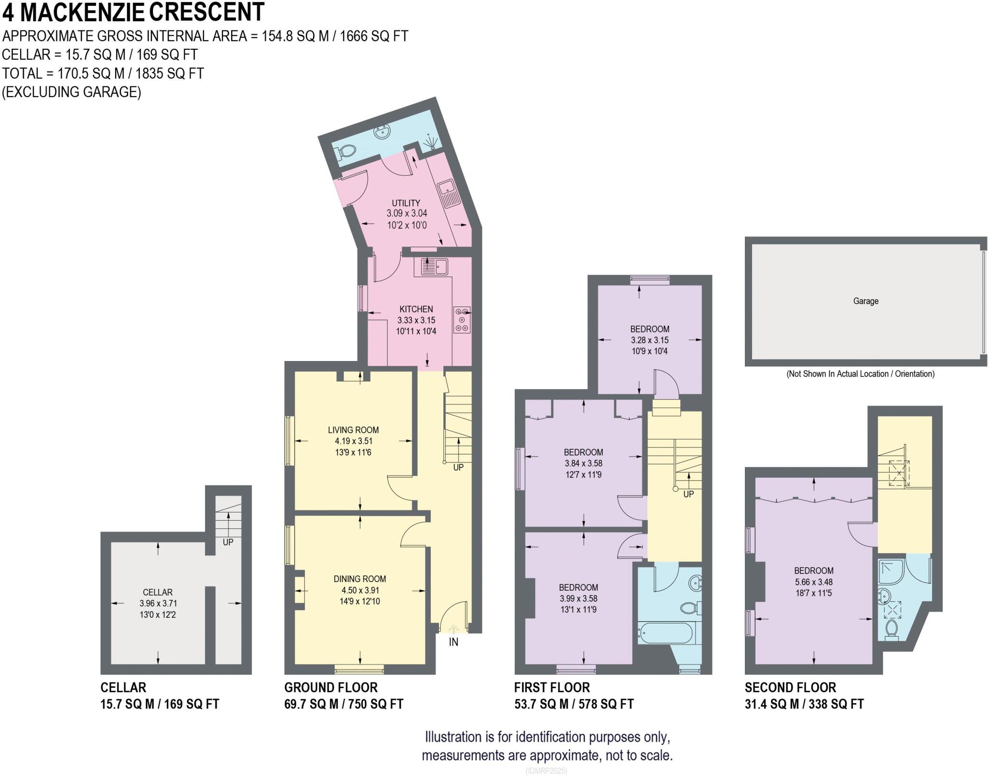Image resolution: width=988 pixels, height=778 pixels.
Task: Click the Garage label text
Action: [865, 301]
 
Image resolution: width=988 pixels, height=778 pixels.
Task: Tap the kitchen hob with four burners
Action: [462, 320]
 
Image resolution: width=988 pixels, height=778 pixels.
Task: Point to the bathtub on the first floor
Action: [666, 633]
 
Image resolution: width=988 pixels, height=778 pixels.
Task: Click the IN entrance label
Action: [453, 642]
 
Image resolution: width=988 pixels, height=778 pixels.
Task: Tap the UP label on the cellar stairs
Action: [228, 542]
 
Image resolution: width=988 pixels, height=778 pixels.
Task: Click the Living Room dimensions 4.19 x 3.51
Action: [354, 441]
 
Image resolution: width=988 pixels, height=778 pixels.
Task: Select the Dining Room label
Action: [359, 579]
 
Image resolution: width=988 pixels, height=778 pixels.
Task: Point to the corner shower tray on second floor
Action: [891, 573]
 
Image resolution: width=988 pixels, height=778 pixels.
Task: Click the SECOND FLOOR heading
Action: [790, 687]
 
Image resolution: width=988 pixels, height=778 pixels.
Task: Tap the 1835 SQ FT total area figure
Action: [170, 73]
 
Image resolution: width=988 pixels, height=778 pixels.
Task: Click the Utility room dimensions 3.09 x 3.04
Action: [407, 213]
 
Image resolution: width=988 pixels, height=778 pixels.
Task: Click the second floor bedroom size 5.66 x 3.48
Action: [814, 582]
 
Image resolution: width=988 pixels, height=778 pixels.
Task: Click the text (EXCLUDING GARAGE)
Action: [71, 92]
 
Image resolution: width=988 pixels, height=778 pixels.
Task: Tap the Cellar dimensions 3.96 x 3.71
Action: [157, 603]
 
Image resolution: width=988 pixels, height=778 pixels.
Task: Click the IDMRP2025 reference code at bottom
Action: [547, 771]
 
